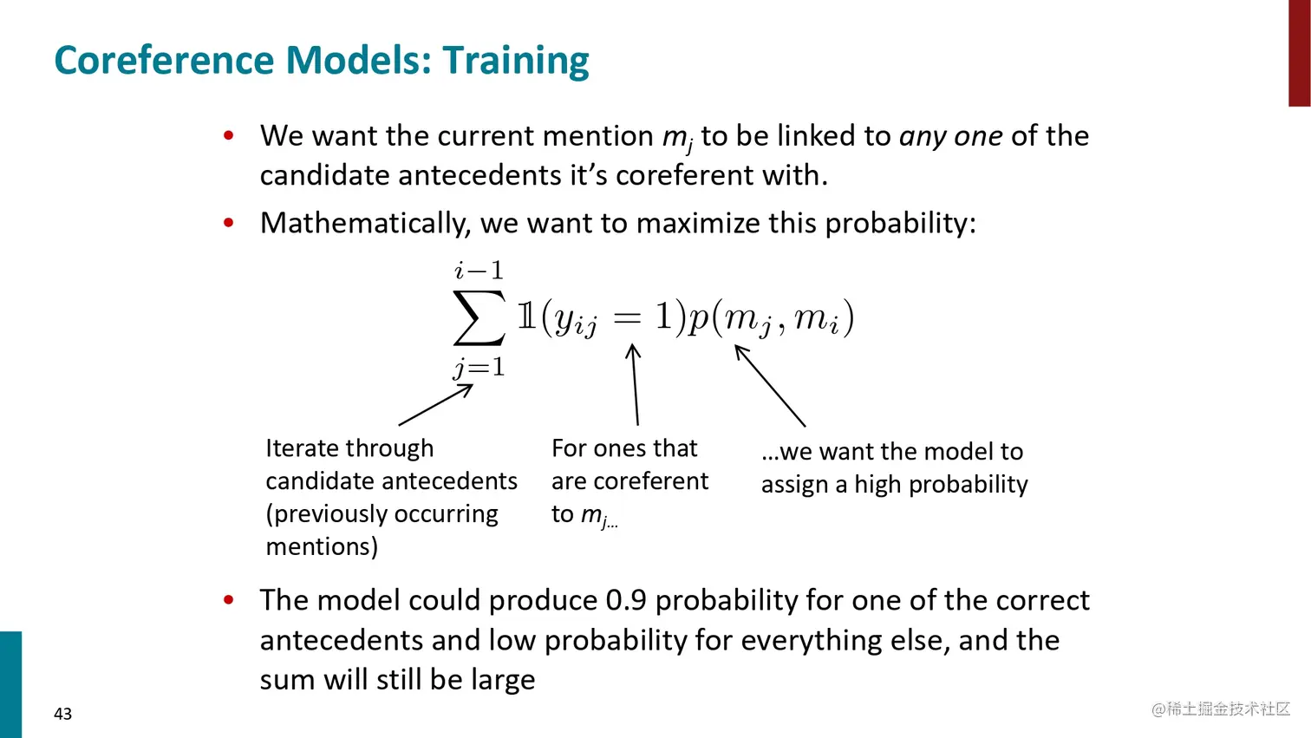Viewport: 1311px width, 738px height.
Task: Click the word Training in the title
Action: [x=516, y=61]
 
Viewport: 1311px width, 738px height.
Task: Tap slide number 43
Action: [x=62, y=714]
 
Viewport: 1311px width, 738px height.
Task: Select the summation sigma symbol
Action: [x=479, y=317]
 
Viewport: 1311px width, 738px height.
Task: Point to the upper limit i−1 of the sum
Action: [x=479, y=271]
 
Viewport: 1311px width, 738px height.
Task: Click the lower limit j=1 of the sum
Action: [x=479, y=368]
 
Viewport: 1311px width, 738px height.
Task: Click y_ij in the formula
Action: [x=575, y=321]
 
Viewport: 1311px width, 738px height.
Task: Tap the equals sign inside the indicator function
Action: [x=628, y=317]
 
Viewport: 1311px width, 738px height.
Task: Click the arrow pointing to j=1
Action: [x=435, y=404]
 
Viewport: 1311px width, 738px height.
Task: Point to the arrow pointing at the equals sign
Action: [x=635, y=384]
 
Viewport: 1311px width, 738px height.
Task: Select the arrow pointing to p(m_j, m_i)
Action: [x=770, y=385]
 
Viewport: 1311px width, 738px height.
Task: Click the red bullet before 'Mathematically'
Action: [x=229, y=222]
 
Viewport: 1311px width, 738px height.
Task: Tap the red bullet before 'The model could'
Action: [x=229, y=599]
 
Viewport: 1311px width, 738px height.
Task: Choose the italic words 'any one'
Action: [x=951, y=137]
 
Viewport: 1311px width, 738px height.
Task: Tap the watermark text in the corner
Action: [x=1221, y=709]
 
